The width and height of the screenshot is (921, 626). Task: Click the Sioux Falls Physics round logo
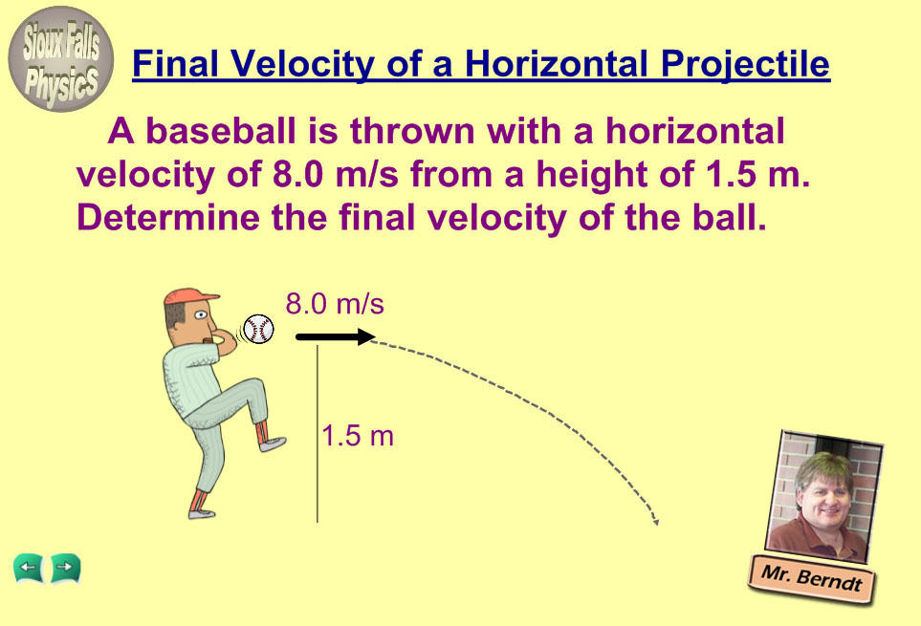pos(60,58)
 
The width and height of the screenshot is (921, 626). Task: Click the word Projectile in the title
pos(745,65)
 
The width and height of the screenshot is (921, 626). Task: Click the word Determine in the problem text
pos(168,217)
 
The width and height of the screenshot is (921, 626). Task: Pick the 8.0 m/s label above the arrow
pos(335,304)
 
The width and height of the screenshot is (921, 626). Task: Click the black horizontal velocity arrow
pos(336,336)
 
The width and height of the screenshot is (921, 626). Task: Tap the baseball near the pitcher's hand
pos(258,329)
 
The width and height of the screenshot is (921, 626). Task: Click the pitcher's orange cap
pos(189,296)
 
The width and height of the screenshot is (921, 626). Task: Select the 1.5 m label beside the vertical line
pos(358,436)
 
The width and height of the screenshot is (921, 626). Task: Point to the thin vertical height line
pos(318,434)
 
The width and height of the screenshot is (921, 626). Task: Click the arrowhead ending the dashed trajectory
pos(655,521)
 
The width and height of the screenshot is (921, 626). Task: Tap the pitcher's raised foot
pos(273,443)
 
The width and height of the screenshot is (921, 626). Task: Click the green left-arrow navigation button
pos(28,569)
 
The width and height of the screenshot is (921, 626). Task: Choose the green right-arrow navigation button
pos(66,569)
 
